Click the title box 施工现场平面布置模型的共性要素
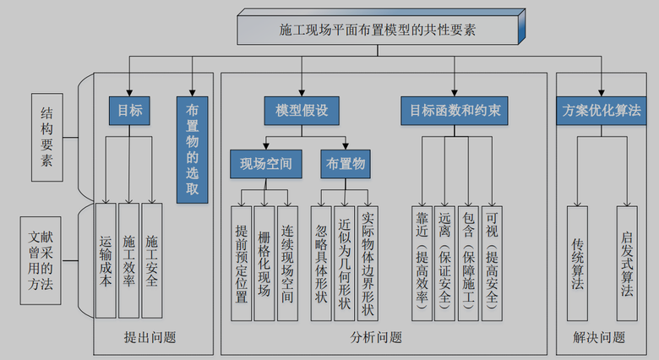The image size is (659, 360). (378, 30)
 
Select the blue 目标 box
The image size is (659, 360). (129, 111)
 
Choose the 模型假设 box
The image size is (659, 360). (301, 111)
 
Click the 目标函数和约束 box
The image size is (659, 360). (455, 111)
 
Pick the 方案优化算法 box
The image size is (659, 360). (601, 111)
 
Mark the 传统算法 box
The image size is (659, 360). (578, 262)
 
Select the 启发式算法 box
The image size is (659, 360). (627, 262)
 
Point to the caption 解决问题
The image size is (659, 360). (599, 337)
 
